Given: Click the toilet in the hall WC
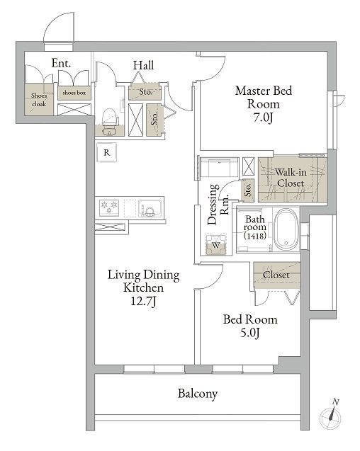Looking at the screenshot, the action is click(x=111, y=122).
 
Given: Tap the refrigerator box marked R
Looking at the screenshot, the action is click(x=106, y=152).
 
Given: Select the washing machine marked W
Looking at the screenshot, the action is click(x=215, y=244).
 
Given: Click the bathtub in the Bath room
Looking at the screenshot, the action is click(x=286, y=229).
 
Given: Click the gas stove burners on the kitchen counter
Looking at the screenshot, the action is click(x=109, y=207).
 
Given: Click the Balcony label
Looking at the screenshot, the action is click(x=198, y=394).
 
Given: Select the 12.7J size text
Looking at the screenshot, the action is click(x=144, y=301).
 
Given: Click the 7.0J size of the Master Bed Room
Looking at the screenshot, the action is click(x=263, y=118).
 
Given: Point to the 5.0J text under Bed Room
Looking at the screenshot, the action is click(x=250, y=333).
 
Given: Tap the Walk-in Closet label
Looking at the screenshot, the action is click(x=291, y=178).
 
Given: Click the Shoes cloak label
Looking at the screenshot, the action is click(x=39, y=100).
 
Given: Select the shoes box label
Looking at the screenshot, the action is click(x=74, y=93).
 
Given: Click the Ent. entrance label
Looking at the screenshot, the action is click(x=61, y=63).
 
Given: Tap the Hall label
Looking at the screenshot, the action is click(x=143, y=65).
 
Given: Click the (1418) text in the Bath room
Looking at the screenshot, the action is click(x=255, y=236).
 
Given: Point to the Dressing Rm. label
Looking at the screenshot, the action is click(x=218, y=204).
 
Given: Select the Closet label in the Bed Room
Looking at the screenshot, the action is click(x=276, y=275).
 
